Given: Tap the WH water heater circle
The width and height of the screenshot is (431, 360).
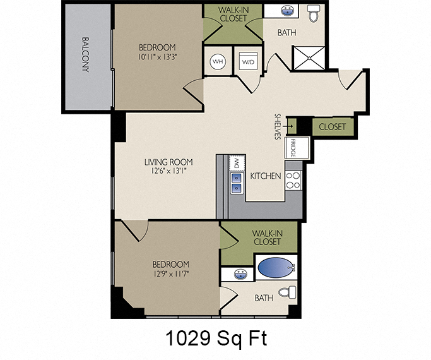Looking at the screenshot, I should (x=218, y=62).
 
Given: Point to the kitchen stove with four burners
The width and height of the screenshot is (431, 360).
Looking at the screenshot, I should (x=293, y=180).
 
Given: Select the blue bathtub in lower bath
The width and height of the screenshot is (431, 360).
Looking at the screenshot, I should (x=273, y=268).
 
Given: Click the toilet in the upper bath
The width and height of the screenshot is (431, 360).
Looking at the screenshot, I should (x=314, y=13).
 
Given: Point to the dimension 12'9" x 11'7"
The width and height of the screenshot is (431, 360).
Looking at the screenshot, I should (x=170, y=275).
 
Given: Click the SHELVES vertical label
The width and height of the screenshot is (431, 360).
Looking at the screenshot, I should (x=278, y=127).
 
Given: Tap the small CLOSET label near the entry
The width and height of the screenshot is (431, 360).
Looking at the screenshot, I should (x=332, y=127).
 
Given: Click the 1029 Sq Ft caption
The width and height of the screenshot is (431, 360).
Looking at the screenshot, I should (x=216, y=338).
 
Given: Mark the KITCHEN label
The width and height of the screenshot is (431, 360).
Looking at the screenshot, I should (x=266, y=176).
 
